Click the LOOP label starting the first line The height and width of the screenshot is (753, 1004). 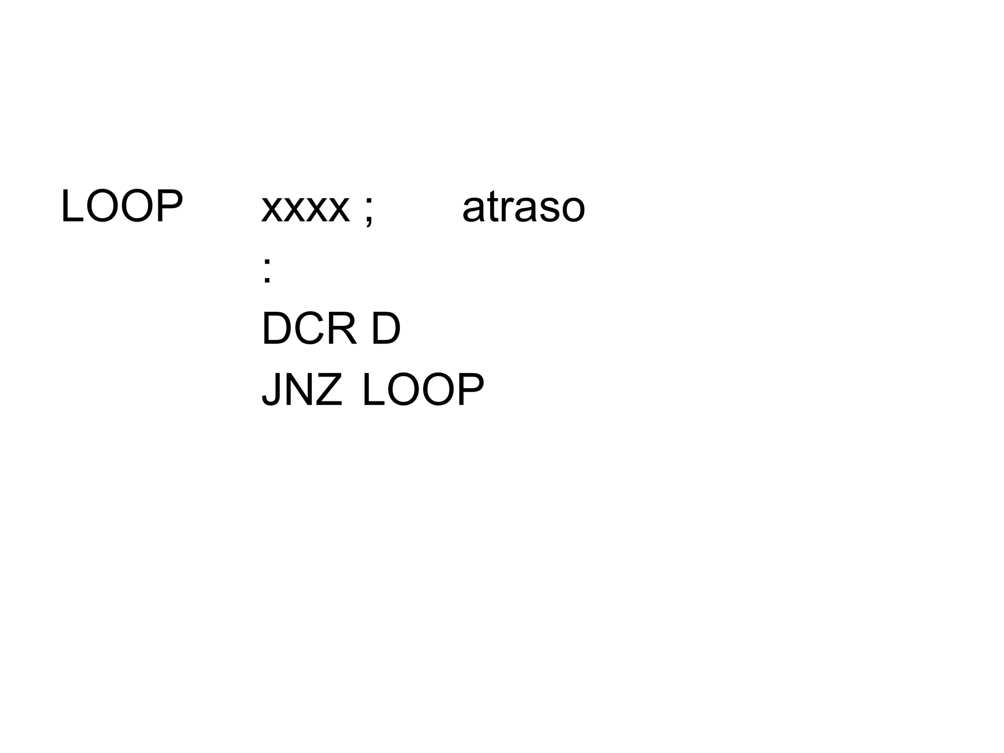[x=122, y=206]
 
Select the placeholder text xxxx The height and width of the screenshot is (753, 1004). [x=305, y=208]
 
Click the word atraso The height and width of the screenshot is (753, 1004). [x=524, y=207]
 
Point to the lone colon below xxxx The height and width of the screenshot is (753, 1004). [x=267, y=270]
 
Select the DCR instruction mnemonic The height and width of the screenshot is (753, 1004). [x=309, y=329]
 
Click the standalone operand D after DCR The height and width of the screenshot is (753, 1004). [x=386, y=329]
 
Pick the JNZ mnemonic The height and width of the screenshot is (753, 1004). [x=302, y=390]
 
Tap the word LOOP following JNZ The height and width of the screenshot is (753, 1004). [x=423, y=390]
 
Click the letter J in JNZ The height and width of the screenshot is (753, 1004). [x=271, y=390]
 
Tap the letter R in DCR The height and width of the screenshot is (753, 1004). [x=342, y=329]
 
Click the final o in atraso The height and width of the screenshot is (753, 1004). [x=572, y=209]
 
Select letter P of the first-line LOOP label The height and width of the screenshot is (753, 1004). [x=169, y=206]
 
